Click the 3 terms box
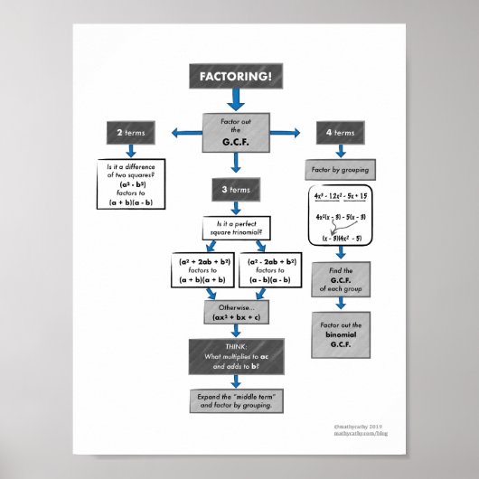tap(234, 190)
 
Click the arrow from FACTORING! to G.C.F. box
tap(233, 100)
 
